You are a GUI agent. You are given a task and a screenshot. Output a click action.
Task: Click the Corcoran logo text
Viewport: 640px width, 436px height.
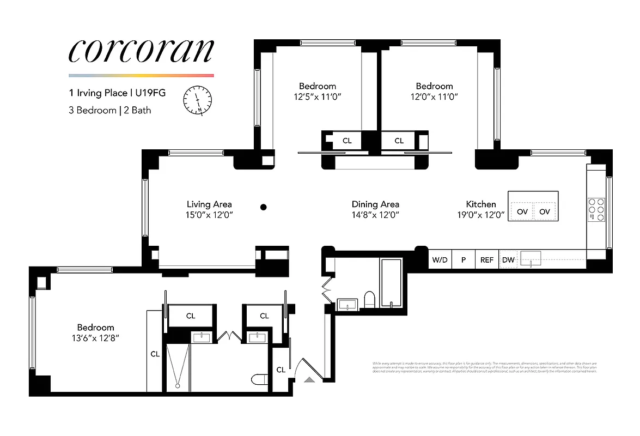click(x=141, y=50)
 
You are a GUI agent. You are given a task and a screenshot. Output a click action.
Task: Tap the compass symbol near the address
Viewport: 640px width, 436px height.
click(x=198, y=100)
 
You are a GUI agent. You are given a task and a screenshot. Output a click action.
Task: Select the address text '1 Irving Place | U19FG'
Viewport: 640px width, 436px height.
click(x=117, y=93)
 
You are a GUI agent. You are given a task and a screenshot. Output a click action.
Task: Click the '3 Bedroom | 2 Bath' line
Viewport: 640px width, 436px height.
click(x=110, y=110)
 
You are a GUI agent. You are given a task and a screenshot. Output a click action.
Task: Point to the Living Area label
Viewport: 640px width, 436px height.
click(x=210, y=204)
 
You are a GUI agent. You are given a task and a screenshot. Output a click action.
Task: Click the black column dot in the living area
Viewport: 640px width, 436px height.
click(x=264, y=207)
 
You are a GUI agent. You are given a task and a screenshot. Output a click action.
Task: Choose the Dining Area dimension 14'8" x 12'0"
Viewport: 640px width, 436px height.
click(x=375, y=215)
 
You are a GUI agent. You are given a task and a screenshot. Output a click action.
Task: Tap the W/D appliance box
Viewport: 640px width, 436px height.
click(x=440, y=260)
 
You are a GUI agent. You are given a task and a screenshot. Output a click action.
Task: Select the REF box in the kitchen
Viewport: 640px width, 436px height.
click(x=486, y=260)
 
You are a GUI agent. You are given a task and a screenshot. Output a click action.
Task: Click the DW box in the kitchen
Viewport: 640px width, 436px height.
click(x=508, y=260)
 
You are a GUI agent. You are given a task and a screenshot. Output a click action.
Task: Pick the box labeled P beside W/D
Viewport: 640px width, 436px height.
click(x=464, y=260)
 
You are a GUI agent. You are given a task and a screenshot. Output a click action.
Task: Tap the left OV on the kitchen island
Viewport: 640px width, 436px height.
click(x=522, y=211)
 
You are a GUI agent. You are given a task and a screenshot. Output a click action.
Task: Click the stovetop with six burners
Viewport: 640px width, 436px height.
click(x=596, y=209)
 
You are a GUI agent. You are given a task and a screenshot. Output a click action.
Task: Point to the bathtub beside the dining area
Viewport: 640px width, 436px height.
click(x=391, y=283)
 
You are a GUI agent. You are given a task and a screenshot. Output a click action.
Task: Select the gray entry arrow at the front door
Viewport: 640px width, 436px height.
click(x=309, y=379)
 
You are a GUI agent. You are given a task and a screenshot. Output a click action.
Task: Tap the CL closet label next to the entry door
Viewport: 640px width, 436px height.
click(x=281, y=370)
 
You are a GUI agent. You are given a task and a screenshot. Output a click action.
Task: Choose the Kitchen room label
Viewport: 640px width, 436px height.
click(x=481, y=204)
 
